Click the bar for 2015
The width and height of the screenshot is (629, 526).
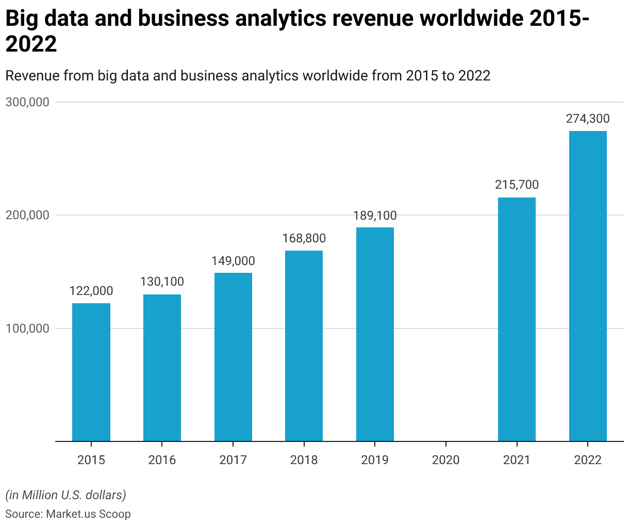(91, 372)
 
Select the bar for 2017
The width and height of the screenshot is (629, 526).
(233, 357)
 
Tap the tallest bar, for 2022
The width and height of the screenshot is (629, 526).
(588, 286)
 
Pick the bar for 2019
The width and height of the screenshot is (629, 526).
(375, 334)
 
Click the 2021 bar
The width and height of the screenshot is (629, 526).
(517, 319)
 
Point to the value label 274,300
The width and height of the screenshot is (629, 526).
(588, 119)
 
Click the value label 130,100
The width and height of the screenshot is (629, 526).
(162, 282)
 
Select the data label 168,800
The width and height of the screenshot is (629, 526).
(304, 238)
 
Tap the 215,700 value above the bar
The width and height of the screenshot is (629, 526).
(517, 185)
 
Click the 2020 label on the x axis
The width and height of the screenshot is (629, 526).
(445, 459)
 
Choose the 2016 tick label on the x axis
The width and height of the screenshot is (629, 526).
(162, 459)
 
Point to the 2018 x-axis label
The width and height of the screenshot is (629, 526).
(304, 459)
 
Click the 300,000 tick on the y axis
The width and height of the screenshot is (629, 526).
(27, 102)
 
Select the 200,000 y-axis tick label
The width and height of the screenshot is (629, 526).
(27, 215)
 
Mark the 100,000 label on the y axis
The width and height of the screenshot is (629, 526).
(27, 328)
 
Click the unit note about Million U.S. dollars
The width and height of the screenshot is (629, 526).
(65, 495)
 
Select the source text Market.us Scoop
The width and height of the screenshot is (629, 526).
(88, 514)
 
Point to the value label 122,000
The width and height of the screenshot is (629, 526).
(91, 291)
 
